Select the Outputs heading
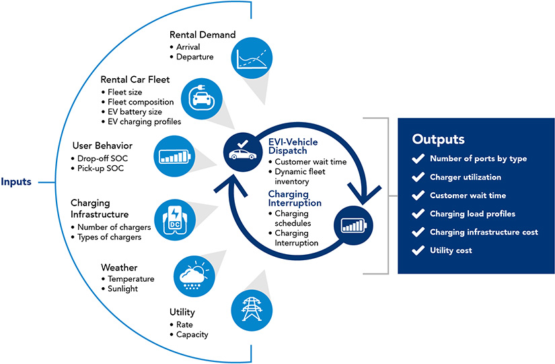coord(438,140)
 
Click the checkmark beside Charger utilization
coord(417,177)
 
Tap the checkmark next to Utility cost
coord(417,250)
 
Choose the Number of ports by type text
coord(478,159)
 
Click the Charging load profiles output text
coord(472,214)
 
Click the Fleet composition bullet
coord(141,102)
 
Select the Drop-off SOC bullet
coord(106,157)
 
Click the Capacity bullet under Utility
coord(192,334)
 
